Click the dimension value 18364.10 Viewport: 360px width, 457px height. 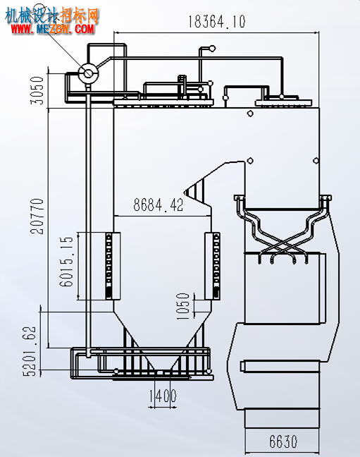click(217, 22)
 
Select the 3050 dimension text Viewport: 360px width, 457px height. click(37, 90)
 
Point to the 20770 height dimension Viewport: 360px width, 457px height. click(37, 217)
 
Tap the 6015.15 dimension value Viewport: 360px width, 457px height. click(66, 262)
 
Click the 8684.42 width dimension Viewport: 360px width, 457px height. click(159, 205)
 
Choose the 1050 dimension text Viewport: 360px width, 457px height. click(183, 306)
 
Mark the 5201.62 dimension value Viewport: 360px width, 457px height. click(30, 351)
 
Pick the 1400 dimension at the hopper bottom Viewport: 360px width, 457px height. click(163, 396)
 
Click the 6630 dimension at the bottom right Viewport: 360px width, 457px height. click(283, 441)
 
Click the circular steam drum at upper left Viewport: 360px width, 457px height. click(88, 73)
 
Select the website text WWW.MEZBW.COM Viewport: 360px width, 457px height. click(53, 29)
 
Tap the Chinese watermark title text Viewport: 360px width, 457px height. click(52, 16)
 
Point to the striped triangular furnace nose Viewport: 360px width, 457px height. click(194, 190)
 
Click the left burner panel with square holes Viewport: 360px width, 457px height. click(108, 266)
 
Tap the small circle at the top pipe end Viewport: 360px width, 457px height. click(212, 48)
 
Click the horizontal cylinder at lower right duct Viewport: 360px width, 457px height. click(280, 366)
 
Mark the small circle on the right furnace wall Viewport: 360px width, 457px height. click(316, 161)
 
